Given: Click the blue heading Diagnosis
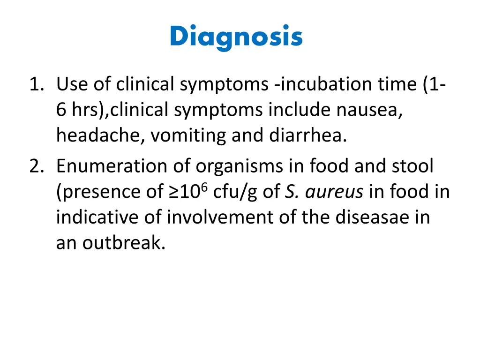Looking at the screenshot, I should point(236,36).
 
